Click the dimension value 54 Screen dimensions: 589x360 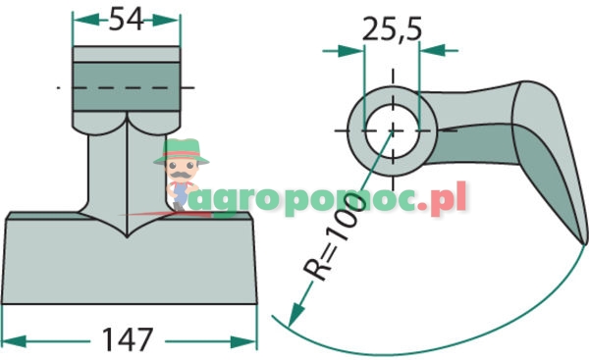[x=127, y=19]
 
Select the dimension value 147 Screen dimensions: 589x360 [x=128, y=339]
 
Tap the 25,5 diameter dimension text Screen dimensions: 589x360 [x=392, y=28]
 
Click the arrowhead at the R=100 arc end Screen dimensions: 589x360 [x=296, y=315]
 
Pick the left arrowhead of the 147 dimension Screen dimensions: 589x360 [x=15, y=341]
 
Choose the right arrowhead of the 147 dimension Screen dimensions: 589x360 [x=243, y=342]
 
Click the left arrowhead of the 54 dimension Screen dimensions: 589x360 [x=86, y=20]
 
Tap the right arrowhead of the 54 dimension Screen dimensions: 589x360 [x=166, y=20]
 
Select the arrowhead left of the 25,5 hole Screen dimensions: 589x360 [x=350, y=51]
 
